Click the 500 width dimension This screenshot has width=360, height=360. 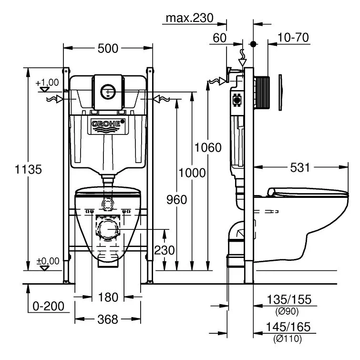tap(108, 49)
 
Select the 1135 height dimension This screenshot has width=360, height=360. tap(28, 169)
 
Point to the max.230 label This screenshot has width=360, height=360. tap(189, 18)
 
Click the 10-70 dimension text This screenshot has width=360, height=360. tap(293, 37)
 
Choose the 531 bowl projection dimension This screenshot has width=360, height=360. tap(300, 167)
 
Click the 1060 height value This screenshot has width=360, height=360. tap(208, 147)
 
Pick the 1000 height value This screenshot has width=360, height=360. tap(192, 173)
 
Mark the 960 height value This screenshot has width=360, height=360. tap(176, 199)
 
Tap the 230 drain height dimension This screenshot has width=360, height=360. tap(165, 250)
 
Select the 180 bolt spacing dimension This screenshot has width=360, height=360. tap(108, 298)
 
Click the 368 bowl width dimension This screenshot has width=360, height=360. tap(108, 319)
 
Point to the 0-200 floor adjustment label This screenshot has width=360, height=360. tap(48, 306)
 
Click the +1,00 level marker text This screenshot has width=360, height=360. tap(47, 82)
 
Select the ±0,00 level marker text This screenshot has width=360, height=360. tap(48, 261)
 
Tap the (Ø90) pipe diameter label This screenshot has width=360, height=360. tap(287, 311)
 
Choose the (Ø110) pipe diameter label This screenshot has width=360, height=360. tap(288, 339)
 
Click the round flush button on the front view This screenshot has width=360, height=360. tap(108, 92)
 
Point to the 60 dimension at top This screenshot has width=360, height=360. tap(219, 38)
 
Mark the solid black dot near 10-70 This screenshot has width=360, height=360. tap(253, 44)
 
